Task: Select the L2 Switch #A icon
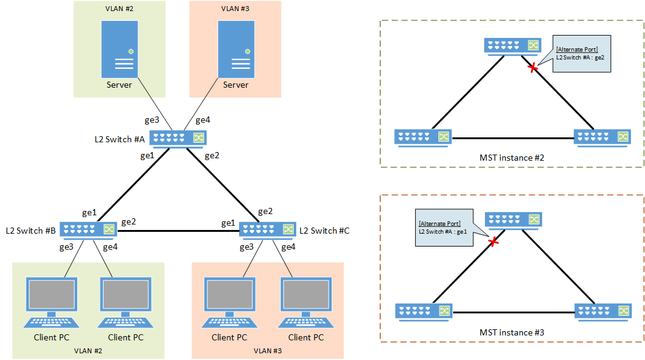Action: click(178, 139)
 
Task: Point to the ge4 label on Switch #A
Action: click(203, 120)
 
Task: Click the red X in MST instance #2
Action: click(533, 67)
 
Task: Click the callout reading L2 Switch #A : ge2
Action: click(582, 53)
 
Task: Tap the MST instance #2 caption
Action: click(512, 158)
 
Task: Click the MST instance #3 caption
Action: click(512, 332)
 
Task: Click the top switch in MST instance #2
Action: click(512, 45)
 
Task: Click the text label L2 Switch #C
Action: click(324, 231)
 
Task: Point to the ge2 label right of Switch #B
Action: click(129, 221)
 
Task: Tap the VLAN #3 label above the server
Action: click(235, 10)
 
